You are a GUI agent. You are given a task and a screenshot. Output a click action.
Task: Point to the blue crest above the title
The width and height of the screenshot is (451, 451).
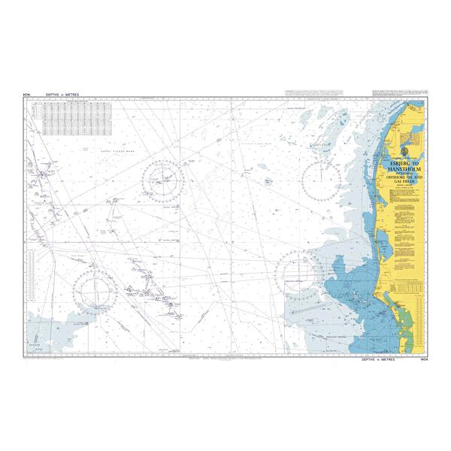pyautogui.click(x=403, y=153)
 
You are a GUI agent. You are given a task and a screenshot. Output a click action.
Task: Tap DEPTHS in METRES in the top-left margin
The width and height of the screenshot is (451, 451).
pyautogui.click(x=62, y=95)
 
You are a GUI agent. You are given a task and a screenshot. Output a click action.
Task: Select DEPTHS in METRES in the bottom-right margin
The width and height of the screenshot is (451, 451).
pyautogui.click(x=380, y=362)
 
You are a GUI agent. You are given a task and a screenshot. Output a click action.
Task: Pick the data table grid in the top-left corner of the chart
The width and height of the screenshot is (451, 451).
pyautogui.click(x=76, y=119)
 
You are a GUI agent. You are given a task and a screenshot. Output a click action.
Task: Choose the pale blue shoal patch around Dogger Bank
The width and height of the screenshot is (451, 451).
pyautogui.click(x=53, y=331)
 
